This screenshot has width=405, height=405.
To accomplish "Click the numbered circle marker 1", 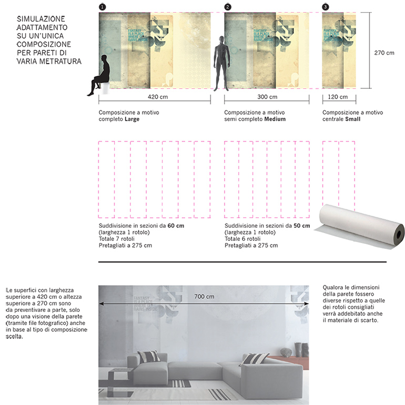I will (102, 7).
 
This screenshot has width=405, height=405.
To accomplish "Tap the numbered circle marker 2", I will (227, 7).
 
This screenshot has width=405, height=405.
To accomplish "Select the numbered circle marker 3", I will (325, 7).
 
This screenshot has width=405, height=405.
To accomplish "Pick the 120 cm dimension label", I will (338, 97).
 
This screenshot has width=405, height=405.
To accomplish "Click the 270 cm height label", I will (384, 53).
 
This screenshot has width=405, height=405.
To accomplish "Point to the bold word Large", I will (132, 119).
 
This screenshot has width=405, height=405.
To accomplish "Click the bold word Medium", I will (275, 119).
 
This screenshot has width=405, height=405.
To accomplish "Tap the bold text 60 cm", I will (176, 226).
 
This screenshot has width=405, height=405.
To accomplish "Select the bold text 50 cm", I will (301, 226).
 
